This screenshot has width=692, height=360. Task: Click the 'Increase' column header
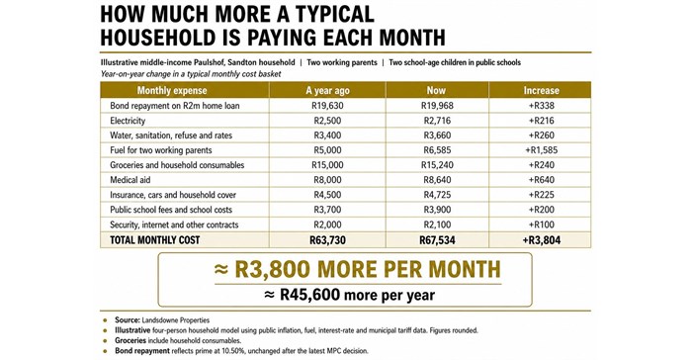point(541,91)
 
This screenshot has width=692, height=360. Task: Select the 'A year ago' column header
point(327,91)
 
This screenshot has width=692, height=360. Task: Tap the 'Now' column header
point(436,90)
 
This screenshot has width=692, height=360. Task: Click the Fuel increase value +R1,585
point(541,150)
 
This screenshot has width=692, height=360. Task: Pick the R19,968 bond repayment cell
point(437,106)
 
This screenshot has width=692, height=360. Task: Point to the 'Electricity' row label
point(128,121)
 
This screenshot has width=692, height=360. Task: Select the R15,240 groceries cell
point(437,165)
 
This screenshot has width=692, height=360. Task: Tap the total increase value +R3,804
point(541,240)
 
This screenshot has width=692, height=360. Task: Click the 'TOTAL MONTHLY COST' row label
point(155,240)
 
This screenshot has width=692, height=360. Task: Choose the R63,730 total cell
point(327,240)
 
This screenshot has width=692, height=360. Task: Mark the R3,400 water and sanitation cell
point(327,135)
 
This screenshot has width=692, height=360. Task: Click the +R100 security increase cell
point(541,225)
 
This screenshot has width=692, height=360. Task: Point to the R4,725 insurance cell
point(437,195)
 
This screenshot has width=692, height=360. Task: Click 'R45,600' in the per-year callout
point(308,295)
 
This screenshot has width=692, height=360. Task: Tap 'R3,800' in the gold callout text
point(273,269)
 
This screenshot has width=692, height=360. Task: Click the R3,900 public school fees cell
point(437,210)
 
